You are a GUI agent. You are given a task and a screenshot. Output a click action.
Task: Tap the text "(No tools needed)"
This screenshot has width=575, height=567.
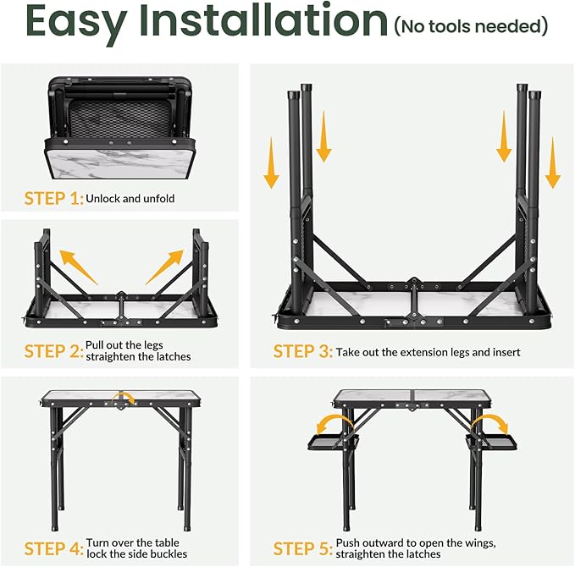point(470,27)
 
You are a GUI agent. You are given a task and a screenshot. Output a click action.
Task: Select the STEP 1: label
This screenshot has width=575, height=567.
point(54,200)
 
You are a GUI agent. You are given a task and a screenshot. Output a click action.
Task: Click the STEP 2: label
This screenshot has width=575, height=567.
point(54,350)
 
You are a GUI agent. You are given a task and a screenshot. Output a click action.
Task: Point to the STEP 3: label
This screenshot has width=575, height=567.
point(302,350)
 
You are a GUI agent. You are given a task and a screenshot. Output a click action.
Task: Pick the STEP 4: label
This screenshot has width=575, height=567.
point(54,548)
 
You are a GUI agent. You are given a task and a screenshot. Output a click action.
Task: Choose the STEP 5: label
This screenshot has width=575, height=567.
point(302,548)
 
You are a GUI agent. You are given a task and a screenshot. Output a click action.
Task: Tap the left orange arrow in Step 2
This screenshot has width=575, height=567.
point(79,266)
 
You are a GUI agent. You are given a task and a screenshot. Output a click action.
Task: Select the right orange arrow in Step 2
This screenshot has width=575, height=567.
point(163,266)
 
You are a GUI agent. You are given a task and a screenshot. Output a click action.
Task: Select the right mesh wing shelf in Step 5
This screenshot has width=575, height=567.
point(489,443)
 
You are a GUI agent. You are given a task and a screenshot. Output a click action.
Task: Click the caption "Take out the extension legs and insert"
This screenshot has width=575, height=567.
point(428,351)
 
